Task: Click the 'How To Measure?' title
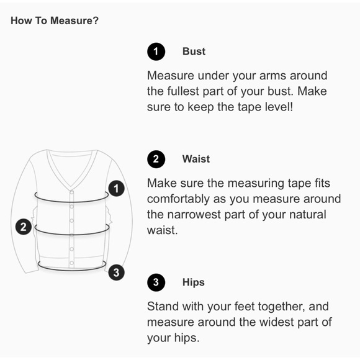pos(55,20)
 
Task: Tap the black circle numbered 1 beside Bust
pos(156,52)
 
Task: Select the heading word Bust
pos(194,52)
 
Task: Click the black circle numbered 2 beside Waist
pos(156,159)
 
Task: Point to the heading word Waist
pos(196,159)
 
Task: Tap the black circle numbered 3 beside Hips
pos(156,282)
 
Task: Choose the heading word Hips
pos(193,282)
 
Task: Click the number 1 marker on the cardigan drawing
pos(117,189)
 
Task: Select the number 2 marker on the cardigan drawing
pos(24,227)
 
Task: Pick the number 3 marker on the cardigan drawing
pos(117,272)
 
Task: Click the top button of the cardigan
pos(71,192)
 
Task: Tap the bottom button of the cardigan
pos(71,263)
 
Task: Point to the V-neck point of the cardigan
pos(71,186)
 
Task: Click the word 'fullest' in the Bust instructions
pos(182,91)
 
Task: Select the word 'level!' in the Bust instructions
pos(279,107)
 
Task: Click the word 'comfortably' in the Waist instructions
pos(178,199)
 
